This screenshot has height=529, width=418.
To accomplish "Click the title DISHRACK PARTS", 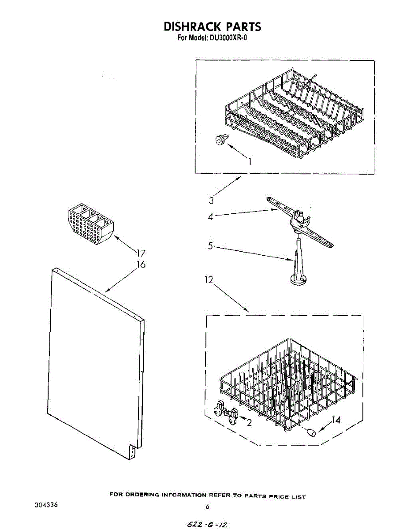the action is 212,26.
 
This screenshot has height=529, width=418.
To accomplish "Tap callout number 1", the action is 250,161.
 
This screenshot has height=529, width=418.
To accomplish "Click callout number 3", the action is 212,201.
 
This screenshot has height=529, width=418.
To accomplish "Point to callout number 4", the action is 211,216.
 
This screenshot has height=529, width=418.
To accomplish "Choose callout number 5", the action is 211,246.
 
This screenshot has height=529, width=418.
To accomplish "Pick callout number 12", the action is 209,279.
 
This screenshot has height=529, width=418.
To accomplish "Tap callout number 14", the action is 336,421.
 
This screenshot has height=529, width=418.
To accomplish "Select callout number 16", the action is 141,264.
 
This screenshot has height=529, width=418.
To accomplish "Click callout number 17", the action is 141,253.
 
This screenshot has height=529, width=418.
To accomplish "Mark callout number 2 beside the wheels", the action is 249,423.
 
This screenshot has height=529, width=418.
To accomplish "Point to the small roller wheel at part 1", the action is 219,141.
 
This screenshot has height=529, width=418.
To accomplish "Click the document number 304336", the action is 46,504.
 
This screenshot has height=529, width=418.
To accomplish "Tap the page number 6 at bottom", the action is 207,507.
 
